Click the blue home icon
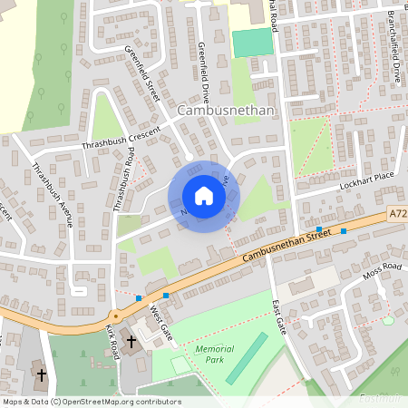pos(203,196)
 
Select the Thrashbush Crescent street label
pos(120,139)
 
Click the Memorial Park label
pos(214,354)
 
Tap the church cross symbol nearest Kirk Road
pos(131,341)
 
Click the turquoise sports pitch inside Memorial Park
pos(246,358)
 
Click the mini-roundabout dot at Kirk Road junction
pos(115,316)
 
